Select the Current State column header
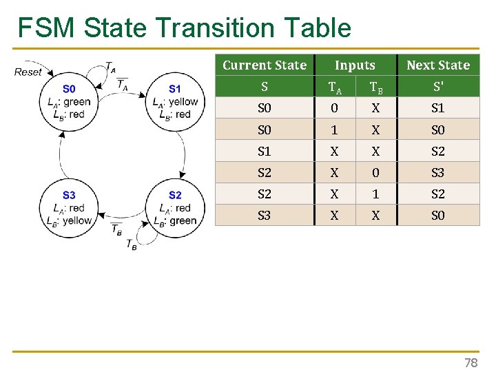[x=265, y=65]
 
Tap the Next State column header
[x=438, y=65]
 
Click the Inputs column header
[x=355, y=65]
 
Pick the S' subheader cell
[x=438, y=87]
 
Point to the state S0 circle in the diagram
[x=69, y=102]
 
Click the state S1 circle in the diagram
[x=175, y=102]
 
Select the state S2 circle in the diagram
[x=175, y=207]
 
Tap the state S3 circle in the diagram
[x=69, y=207]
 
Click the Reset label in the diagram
[x=28, y=72]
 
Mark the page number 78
[x=471, y=362]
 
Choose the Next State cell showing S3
[x=438, y=172]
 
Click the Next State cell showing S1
[x=438, y=108]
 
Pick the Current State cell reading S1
[x=265, y=151]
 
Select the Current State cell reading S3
[x=265, y=215]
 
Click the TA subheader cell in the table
[x=335, y=87]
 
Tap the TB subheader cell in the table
[x=376, y=87]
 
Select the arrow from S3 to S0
[x=60, y=155]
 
